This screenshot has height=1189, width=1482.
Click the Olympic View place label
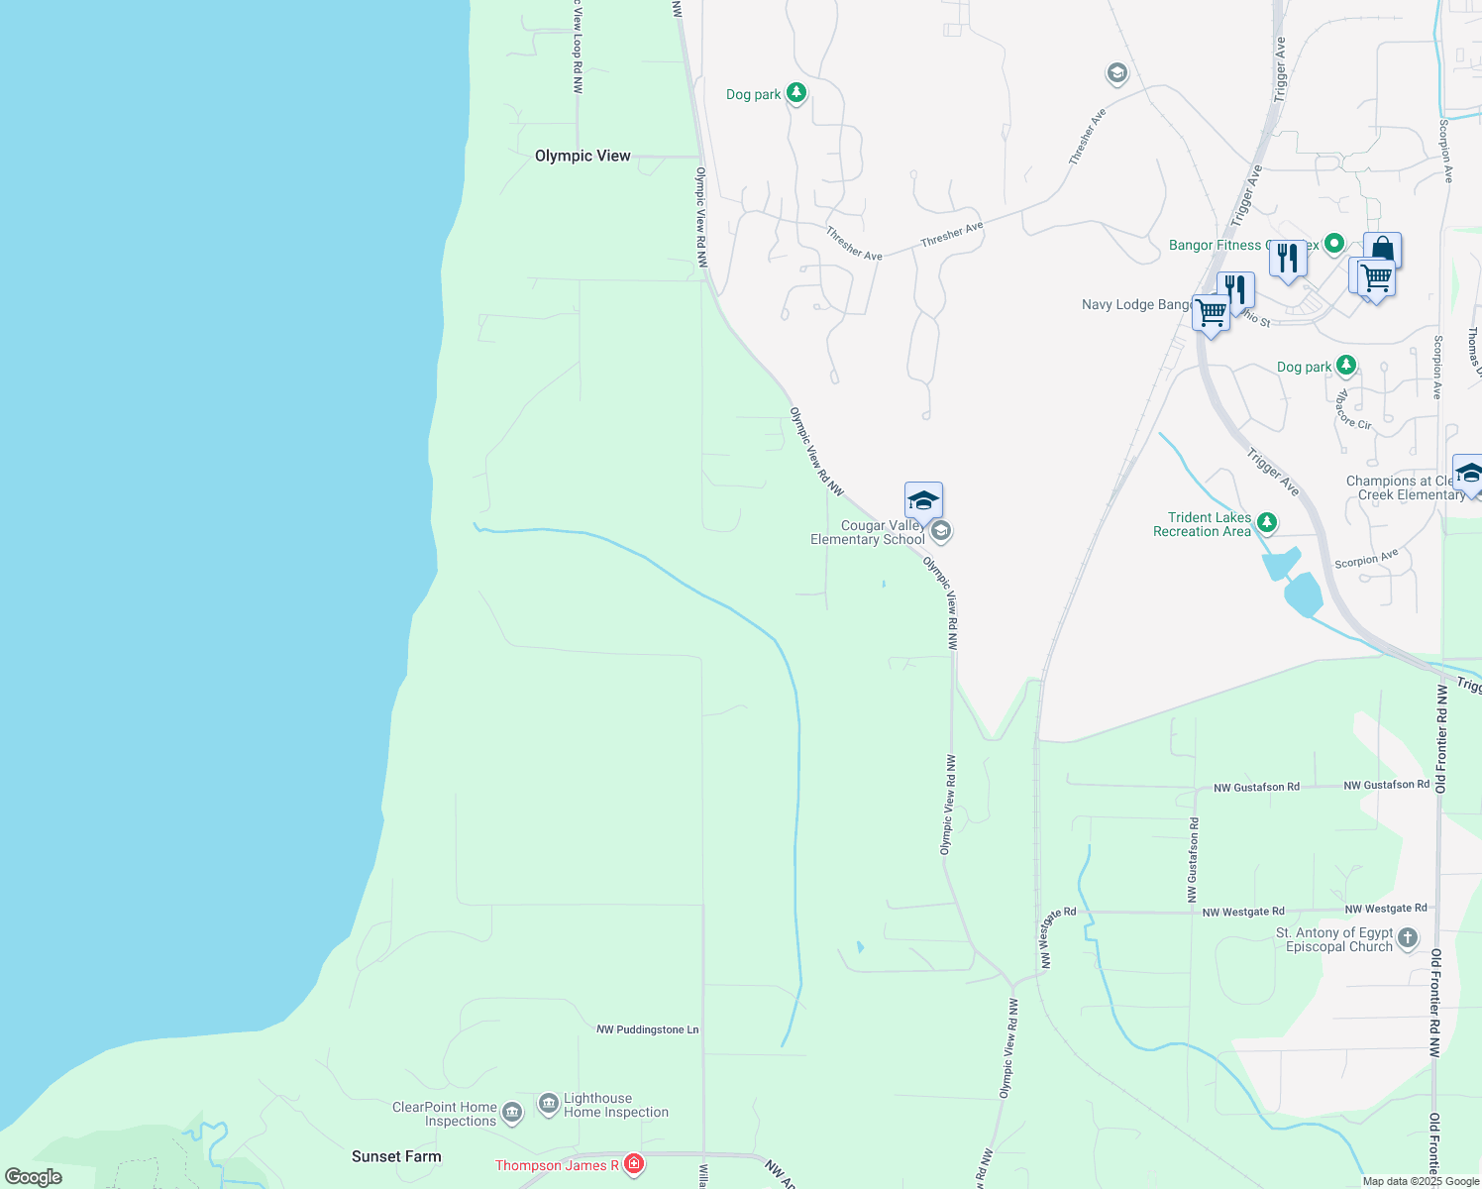(582, 156)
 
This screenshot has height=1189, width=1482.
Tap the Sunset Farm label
(396, 1156)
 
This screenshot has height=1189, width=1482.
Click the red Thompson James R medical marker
(634, 1164)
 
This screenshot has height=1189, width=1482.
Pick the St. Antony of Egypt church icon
(1408, 938)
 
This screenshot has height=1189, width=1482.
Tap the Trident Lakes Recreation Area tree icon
(1266, 522)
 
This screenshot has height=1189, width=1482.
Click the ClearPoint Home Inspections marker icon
(512, 1113)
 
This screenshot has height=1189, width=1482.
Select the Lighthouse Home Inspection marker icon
(549, 1104)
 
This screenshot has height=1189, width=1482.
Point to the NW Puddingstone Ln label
(647, 1029)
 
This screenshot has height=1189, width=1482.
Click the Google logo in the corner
(34, 1177)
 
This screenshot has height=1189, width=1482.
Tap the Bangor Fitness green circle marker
(1334, 243)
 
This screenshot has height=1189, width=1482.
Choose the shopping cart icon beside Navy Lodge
(1211, 313)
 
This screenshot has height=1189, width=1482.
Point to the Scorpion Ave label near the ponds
(1366, 560)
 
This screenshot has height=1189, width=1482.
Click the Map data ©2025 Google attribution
(1421, 1181)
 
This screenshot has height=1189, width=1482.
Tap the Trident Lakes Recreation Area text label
(1202, 524)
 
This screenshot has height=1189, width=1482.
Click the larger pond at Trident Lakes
(1303, 594)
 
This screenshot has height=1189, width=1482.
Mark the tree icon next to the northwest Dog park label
(796, 93)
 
